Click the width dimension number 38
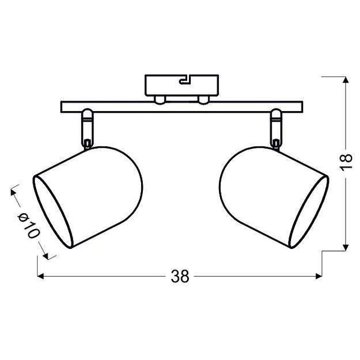click(x=179, y=277)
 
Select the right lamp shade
click(x=270, y=195)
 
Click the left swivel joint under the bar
click(x=86, y=126)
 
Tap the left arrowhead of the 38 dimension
click(x=41, y=277)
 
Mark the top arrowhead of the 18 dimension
click(x=346, y=81)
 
